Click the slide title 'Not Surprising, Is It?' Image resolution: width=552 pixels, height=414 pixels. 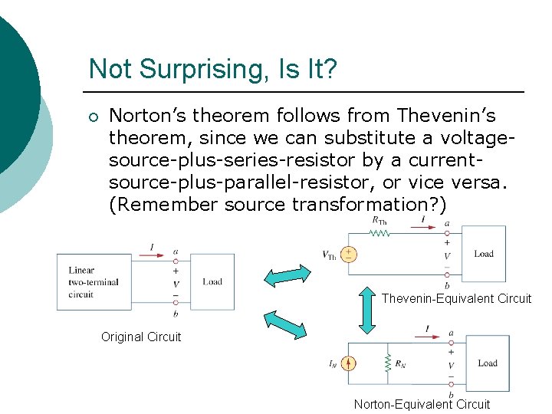click(x=212, y=70)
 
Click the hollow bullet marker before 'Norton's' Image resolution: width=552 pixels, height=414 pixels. click(x=93, y=117)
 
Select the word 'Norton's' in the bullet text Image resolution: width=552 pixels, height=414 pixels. click(x=147, y=116)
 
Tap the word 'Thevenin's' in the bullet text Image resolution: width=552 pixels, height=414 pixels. click(x=446, y=116)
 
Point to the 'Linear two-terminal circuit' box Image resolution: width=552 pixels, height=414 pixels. click(x=94, y=281)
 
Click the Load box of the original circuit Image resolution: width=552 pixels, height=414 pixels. click(x=212, y=282)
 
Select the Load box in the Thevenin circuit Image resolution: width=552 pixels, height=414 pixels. click(x=483, y=254)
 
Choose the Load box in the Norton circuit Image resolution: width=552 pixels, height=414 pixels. click(x=487, y=363)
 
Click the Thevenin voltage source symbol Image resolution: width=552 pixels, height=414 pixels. click(x=348, y=255)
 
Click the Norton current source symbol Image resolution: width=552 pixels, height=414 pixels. click(x=349, y=364)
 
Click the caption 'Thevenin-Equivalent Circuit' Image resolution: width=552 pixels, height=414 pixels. click(x=456, y=299)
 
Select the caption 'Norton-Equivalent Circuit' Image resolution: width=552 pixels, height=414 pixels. click(x=422, y=404)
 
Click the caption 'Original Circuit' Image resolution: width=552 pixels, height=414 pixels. click(x=141, y=337)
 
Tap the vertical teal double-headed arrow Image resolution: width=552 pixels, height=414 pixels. click(x=367, y=310)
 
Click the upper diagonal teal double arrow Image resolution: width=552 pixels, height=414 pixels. click(x=288, y=278)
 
